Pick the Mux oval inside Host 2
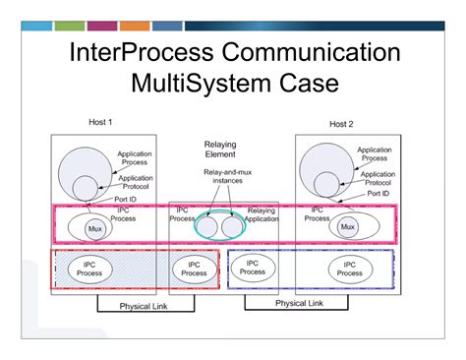(346, 227)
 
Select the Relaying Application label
(262, 215)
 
